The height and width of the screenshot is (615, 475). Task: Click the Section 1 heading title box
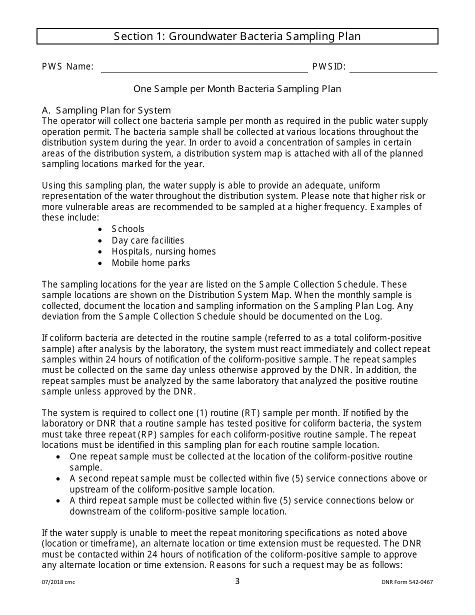(x=237, y=36)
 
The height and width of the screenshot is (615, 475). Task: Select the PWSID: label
(x=328, y=66)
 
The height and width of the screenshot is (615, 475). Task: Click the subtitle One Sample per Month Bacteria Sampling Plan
(x=237, y=89)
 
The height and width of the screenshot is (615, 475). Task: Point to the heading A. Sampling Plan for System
(x=106, y=110)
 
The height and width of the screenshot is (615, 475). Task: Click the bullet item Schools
(x=128, y=229)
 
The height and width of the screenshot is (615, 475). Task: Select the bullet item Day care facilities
(x=148, y=240)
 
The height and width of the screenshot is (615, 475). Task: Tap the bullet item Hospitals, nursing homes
(x=163, y=251)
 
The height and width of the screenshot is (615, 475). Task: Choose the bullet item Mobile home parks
(x=150, y=263)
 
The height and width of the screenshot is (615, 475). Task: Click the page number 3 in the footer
(x=237, y=581)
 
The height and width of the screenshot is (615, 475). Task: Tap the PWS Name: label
(x=67, y=66)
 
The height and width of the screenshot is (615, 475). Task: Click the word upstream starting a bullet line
(x=88, y=489)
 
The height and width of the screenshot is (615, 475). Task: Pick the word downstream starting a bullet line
(x=93, y=511)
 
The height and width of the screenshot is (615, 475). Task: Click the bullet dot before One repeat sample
(x=59, y=457)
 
